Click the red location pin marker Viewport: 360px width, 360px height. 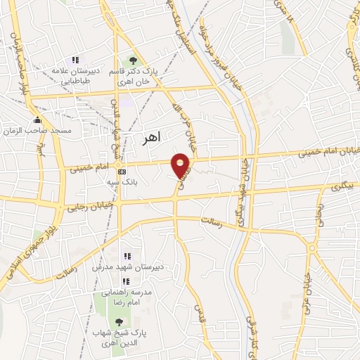pyautogui.click(x=181, y=165)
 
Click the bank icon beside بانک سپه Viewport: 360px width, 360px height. pyautogui.click(x=122, y=172)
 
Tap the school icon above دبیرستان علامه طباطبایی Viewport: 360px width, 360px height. pyautogui.click(x=76, y=60)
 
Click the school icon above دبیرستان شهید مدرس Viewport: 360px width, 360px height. pyautogui.click(x=127, y=256)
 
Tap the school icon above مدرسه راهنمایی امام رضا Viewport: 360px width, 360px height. pyautogui.click(x=127, y=280)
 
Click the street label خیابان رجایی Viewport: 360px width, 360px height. pyautogui.click(x=85, y=207)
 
